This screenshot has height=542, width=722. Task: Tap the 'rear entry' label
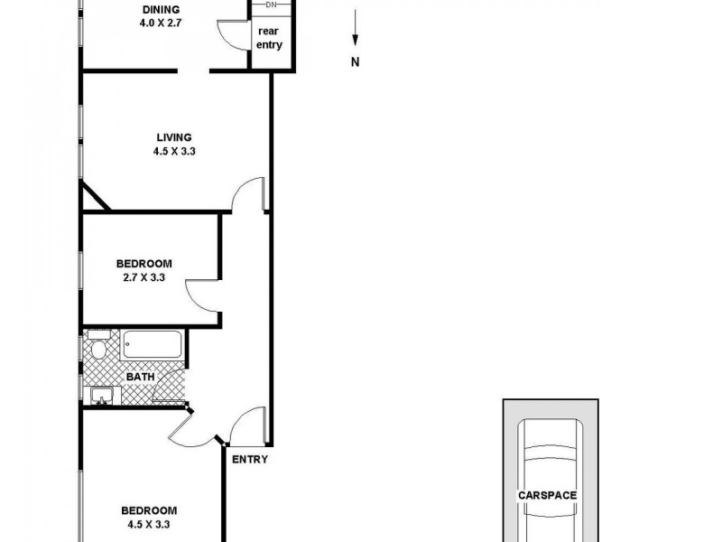269,37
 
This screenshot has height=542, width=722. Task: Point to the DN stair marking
270,5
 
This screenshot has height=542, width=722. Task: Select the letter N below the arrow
356,62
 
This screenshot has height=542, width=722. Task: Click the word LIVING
174,137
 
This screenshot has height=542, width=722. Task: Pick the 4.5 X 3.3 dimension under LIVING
174,152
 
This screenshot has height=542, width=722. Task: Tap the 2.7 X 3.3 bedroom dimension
143,278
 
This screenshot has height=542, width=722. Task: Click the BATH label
139,377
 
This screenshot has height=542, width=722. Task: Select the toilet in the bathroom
98,346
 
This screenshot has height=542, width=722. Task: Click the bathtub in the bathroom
153,346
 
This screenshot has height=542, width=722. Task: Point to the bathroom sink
101,395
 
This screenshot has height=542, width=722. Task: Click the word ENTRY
250,460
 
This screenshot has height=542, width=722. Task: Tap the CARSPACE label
547,495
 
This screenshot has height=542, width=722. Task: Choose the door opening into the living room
247,193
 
